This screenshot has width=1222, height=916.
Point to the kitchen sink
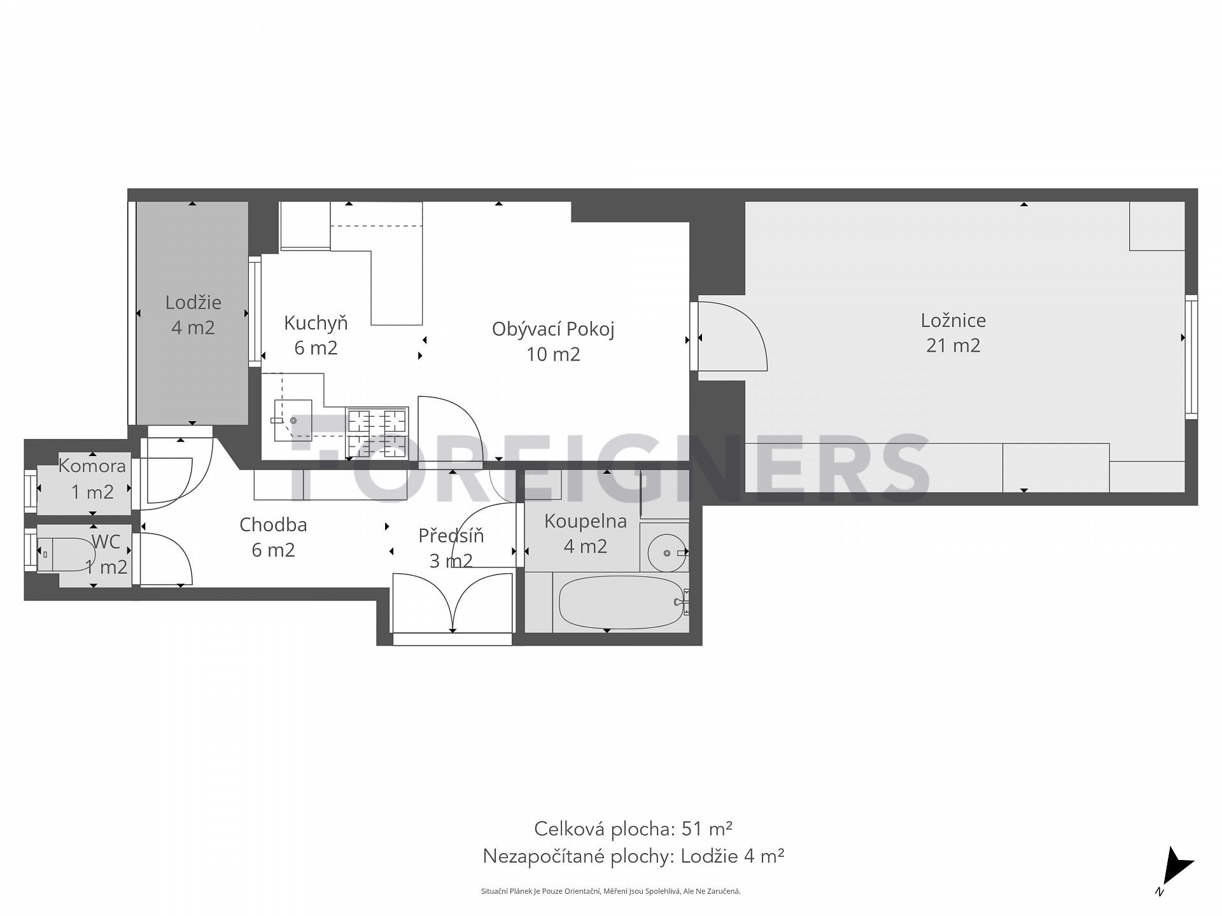[x=293, y=420]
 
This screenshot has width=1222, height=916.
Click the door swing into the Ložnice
[x=733, y=337]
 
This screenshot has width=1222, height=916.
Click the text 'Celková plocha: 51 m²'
[x=633, y=829]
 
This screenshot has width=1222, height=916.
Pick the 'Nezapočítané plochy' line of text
[x=633, y=856]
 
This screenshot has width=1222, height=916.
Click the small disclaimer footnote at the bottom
[x=611, y=891]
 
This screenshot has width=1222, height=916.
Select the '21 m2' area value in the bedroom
[x=953, y=345]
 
